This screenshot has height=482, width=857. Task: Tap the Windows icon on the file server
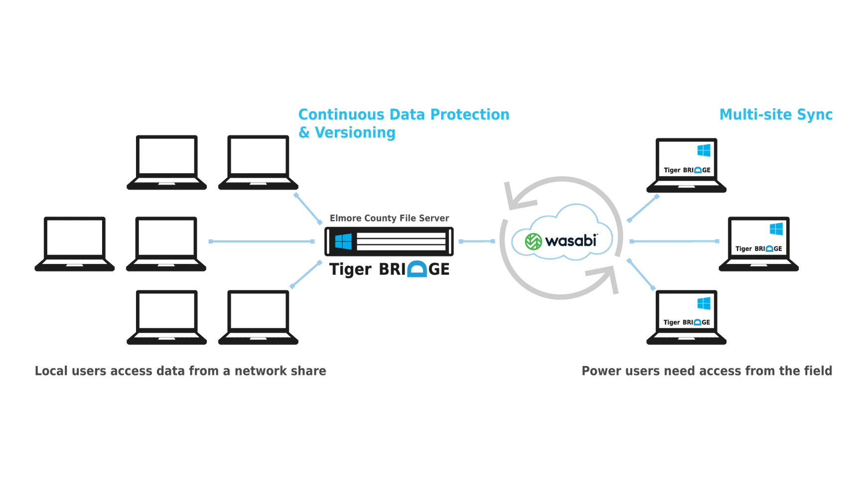click(x=343, y=241)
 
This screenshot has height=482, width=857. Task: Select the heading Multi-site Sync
click(x=776, y=115)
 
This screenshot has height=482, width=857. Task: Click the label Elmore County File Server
click(x=389, y=218)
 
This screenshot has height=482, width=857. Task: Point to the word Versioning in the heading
click(x=355, y=132)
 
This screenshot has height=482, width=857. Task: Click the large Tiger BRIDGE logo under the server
click(x=390, y=269)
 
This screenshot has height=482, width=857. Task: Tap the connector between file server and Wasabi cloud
click(x=477, y=241)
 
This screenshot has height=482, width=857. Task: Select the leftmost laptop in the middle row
click(x=75, y=244)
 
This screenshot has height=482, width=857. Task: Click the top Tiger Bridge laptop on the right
click(x=686, y=165)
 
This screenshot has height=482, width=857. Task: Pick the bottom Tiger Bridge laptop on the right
click(x=686, y=317)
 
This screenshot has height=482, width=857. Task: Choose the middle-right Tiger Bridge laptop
click(x=758, y=244)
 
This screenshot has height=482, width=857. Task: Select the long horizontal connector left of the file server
click(x=262, y=241)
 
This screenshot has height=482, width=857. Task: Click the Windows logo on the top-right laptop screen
click(x=704, y=150)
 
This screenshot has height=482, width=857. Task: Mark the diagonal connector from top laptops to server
click(x=308, y=209)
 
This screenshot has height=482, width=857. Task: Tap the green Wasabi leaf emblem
click(x=533, y=241)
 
